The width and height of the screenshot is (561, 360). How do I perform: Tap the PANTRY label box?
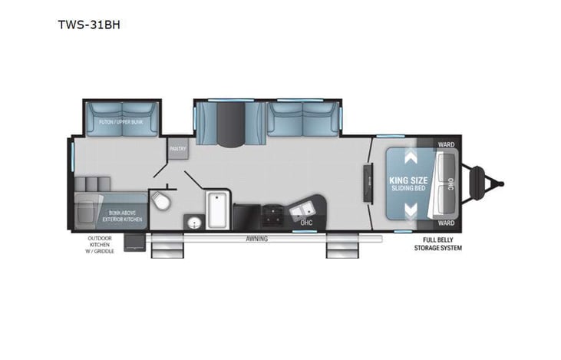[x=177, y=150]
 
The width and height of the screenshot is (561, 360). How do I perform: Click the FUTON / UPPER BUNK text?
[x=120, y=123]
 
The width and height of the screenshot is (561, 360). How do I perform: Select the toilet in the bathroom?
[x=161, y=202]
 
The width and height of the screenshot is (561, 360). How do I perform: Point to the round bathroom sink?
[x=193, y=223]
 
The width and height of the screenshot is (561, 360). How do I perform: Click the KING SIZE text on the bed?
[x=403, y=180]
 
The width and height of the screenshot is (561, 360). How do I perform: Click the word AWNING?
[x=256, y=239]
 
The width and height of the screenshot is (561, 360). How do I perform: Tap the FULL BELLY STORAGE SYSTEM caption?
[x=436, y=245]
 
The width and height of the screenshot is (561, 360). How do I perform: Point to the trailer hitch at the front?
[x=488, y=183]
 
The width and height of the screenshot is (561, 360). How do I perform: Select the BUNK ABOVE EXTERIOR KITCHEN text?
[x=123, y=215]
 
